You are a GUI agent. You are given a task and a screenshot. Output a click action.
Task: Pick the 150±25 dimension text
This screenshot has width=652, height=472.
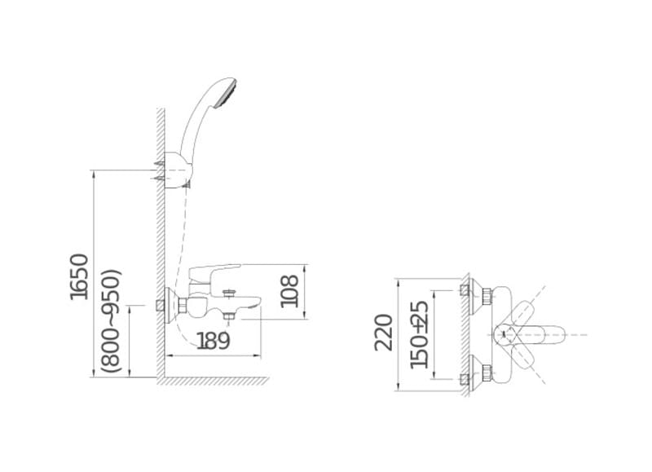[419, 334]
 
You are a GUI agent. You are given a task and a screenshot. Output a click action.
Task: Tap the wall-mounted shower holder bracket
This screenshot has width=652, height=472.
[178, 170]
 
